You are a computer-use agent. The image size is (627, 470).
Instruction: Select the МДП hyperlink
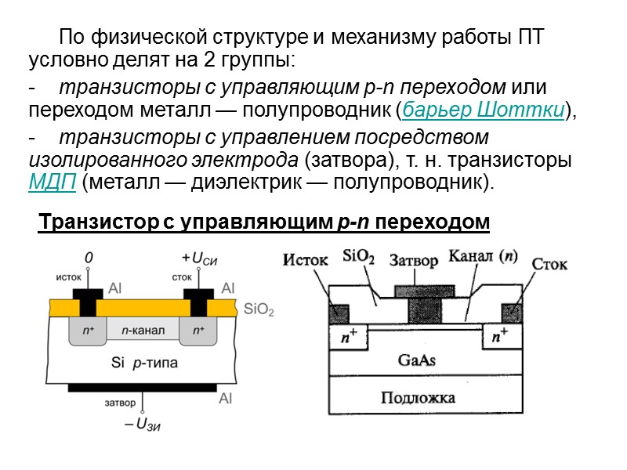point(52,183)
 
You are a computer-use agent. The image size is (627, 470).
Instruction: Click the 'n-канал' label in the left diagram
point(143,331)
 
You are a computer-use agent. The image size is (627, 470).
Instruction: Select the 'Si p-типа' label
point(144,363)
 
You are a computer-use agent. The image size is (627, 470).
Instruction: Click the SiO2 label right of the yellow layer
point(259,310)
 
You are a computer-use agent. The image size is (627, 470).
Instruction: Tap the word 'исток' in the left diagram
point(69,276)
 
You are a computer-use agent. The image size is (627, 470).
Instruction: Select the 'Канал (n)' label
point(483,256)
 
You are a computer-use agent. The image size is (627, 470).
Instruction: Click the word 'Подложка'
point(418,398)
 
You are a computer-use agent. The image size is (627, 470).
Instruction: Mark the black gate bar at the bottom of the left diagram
point(143,388)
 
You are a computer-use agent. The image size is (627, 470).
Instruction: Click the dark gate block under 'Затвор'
point(422,306)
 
